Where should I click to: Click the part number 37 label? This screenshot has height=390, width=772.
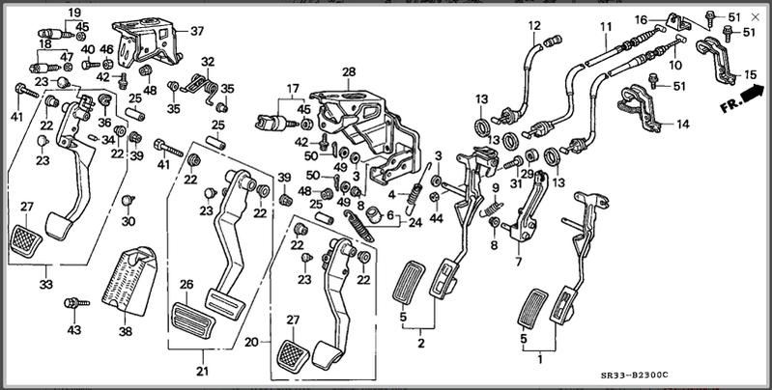pyautogui.click(x=198, y=31)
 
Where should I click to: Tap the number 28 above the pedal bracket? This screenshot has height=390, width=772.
pyautogui.click(x=348, y=71)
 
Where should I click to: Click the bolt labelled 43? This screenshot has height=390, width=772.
pyautogui.click(x=71, y=303)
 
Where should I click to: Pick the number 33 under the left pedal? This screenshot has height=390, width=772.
pyautogui.click(x=45, y=285)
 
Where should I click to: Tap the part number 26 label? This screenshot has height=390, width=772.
pyautogui.click(x=186, y=285)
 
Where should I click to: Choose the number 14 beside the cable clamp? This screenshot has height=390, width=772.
pyautogui.click(x=682, y=124)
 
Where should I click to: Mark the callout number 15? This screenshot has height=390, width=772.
pyautogui.click(x=750, y=76)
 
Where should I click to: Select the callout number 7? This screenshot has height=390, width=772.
pyautogui.click(x=519, y=262)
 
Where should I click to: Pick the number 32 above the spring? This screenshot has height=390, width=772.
pyautogui.click(x=206, y=62)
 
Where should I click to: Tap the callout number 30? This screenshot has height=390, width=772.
pyautogui.click(x=129, y=222)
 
